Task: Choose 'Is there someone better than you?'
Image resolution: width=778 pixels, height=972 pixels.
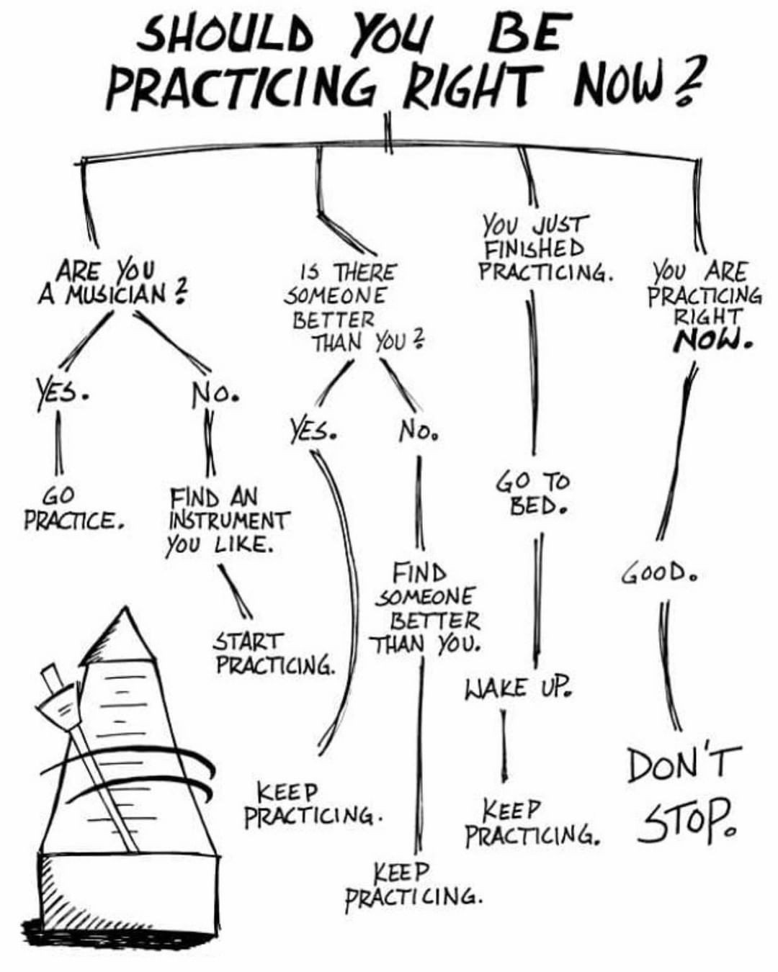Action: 352,308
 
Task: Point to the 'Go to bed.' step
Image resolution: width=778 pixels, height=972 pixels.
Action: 532,495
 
